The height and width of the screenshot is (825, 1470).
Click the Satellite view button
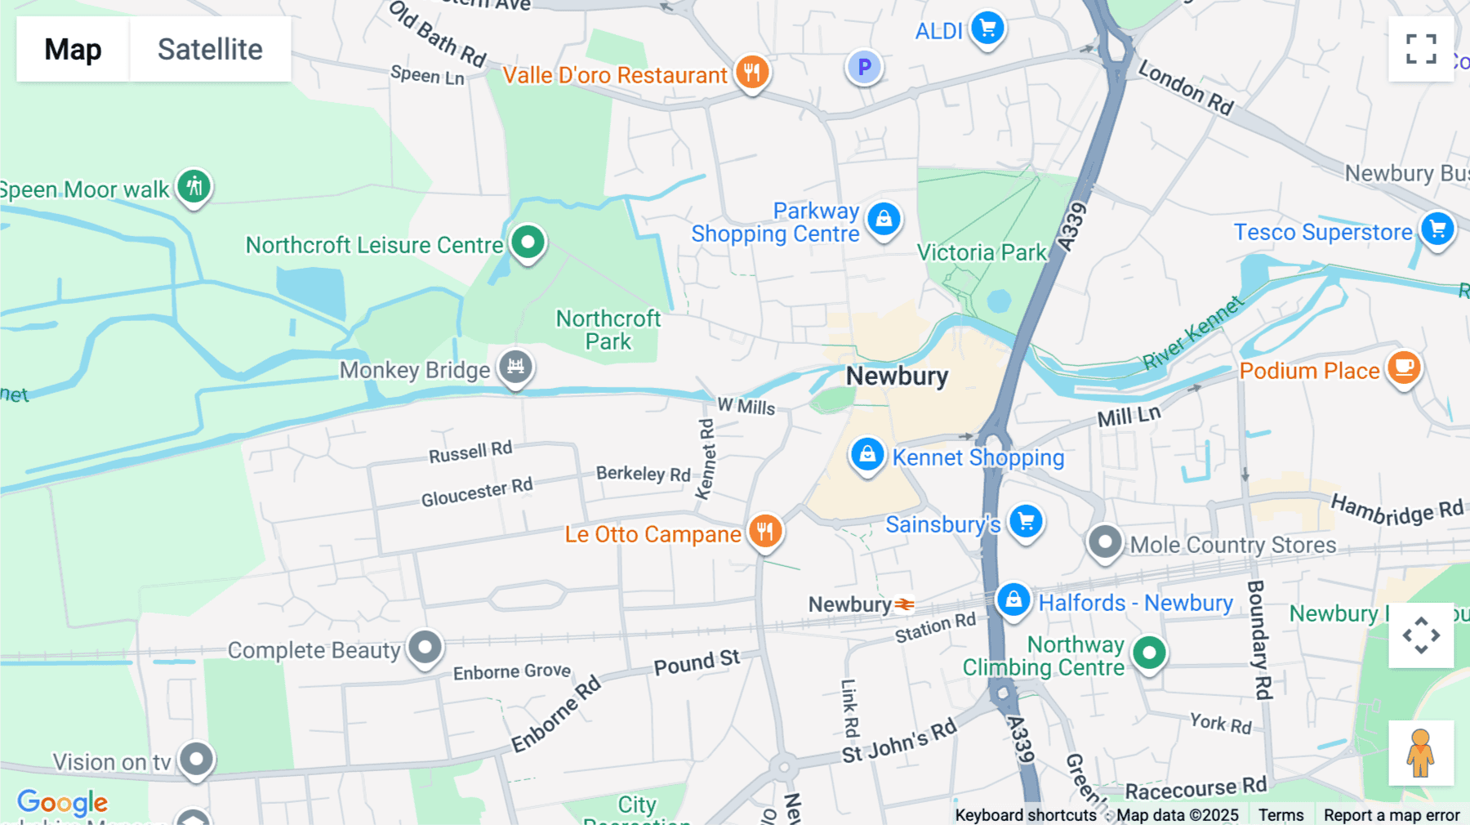pos(210,49)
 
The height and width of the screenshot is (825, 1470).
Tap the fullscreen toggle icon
pos(1421,49)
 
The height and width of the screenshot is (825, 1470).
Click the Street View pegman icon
pos(1420,753)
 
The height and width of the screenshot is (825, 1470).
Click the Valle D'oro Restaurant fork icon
pos(751,72)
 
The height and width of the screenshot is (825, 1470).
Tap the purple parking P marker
pos(864,66)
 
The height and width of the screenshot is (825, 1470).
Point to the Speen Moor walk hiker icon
pos(194,187)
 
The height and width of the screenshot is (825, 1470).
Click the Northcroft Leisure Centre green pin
pos(528,242)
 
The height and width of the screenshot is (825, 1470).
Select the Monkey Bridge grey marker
pos(515,367)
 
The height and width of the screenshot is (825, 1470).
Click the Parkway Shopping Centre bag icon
pos(884,219)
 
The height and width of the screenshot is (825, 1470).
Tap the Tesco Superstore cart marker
pos(1437,230)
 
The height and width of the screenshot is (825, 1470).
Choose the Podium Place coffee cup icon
pos(1403,368)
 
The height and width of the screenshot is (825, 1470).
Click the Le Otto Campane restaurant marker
pos(764,532)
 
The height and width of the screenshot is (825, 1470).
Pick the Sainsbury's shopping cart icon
pos(1026,521)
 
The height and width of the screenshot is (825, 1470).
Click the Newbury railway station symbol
pos(904,604)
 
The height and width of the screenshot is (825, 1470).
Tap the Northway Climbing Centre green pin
pos(1149,653)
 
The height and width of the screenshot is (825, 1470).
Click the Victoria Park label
pos(981,252)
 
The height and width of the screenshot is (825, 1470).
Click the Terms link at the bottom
pos(1281,814)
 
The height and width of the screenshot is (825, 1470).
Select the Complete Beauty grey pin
pos(425,648)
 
